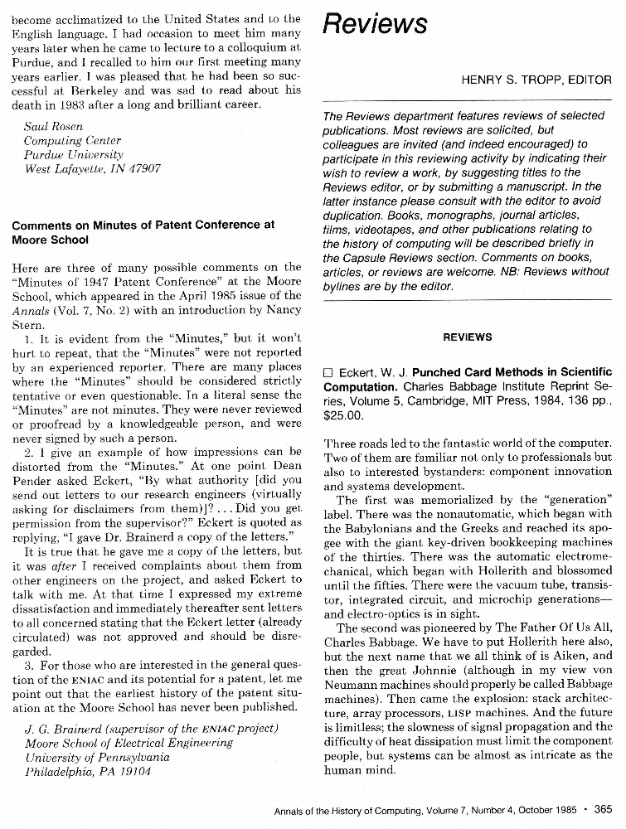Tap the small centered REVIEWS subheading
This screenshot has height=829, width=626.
click(468, 337)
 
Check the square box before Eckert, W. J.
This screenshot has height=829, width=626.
click(328, 372)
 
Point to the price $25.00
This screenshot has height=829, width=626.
click(342, 414)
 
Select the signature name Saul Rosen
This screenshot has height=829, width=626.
click(48, 126)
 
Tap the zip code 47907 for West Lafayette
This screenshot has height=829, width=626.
click(143, 168)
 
